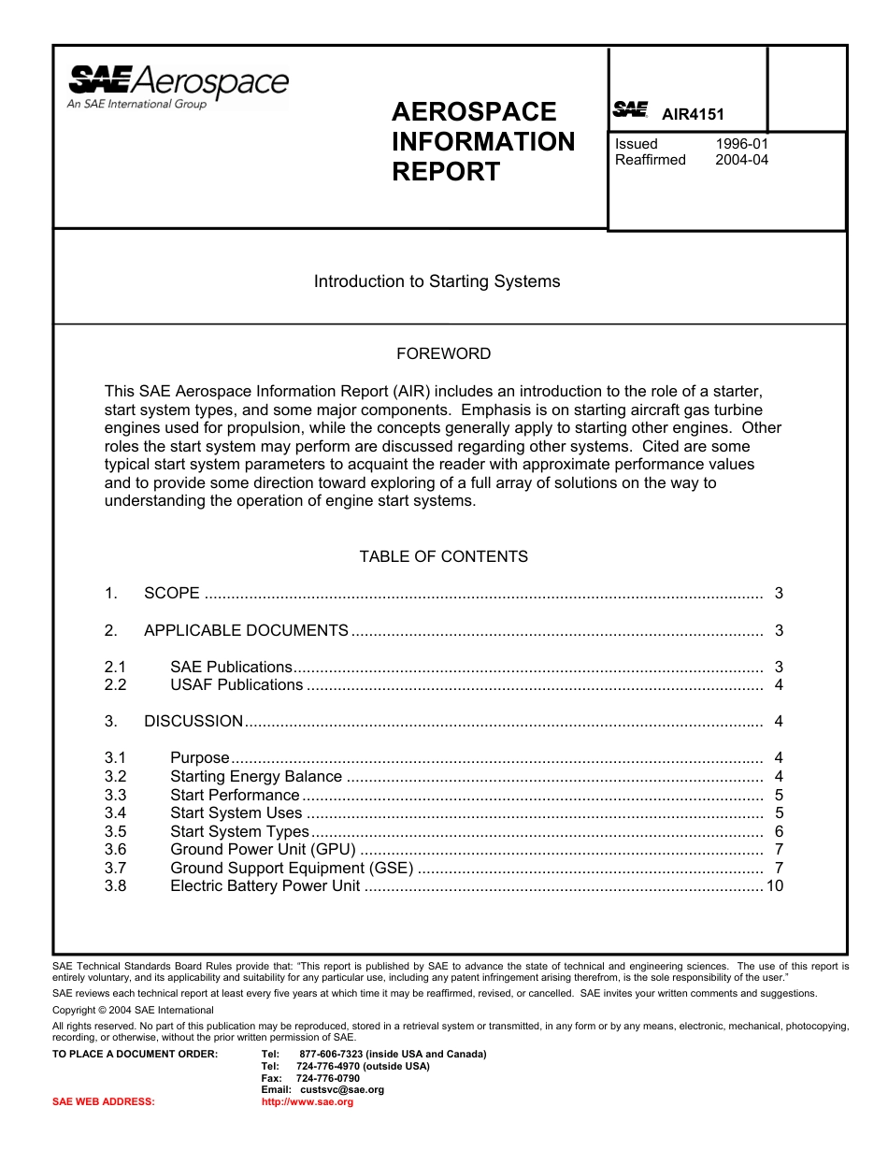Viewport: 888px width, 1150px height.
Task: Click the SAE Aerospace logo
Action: pos(178,87)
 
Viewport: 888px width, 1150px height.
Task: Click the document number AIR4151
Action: pos(693,115)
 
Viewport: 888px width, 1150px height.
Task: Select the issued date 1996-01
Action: pos(742,144)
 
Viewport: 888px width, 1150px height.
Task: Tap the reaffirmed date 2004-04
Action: pos(742,160)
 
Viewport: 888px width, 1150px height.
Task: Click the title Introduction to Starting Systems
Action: pos(437,281)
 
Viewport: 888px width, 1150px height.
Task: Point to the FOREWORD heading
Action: pos(443,354)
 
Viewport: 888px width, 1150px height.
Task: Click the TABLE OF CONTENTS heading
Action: pos(443,557)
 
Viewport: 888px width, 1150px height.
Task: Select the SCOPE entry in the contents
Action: pos(172,594)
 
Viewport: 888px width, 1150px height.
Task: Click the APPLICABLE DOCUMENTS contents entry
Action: pos(246,631)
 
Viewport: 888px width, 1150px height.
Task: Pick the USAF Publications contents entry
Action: pos(236,685)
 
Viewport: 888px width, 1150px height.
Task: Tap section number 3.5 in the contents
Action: pos(115,832)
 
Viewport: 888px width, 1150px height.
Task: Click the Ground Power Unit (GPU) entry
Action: pos(263,850)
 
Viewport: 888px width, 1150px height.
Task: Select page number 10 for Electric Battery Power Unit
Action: pos(774,886)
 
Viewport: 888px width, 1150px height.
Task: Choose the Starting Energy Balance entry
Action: pos(256,777)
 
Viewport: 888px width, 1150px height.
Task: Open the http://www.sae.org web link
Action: pos(308,1102)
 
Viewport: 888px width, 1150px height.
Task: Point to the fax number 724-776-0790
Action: pos(327,1078)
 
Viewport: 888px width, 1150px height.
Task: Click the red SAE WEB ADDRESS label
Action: pos(104,1102)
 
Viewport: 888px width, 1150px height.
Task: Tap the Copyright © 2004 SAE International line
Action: pos(133,1010)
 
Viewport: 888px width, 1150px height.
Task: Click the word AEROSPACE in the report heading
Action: pos(474,112)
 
